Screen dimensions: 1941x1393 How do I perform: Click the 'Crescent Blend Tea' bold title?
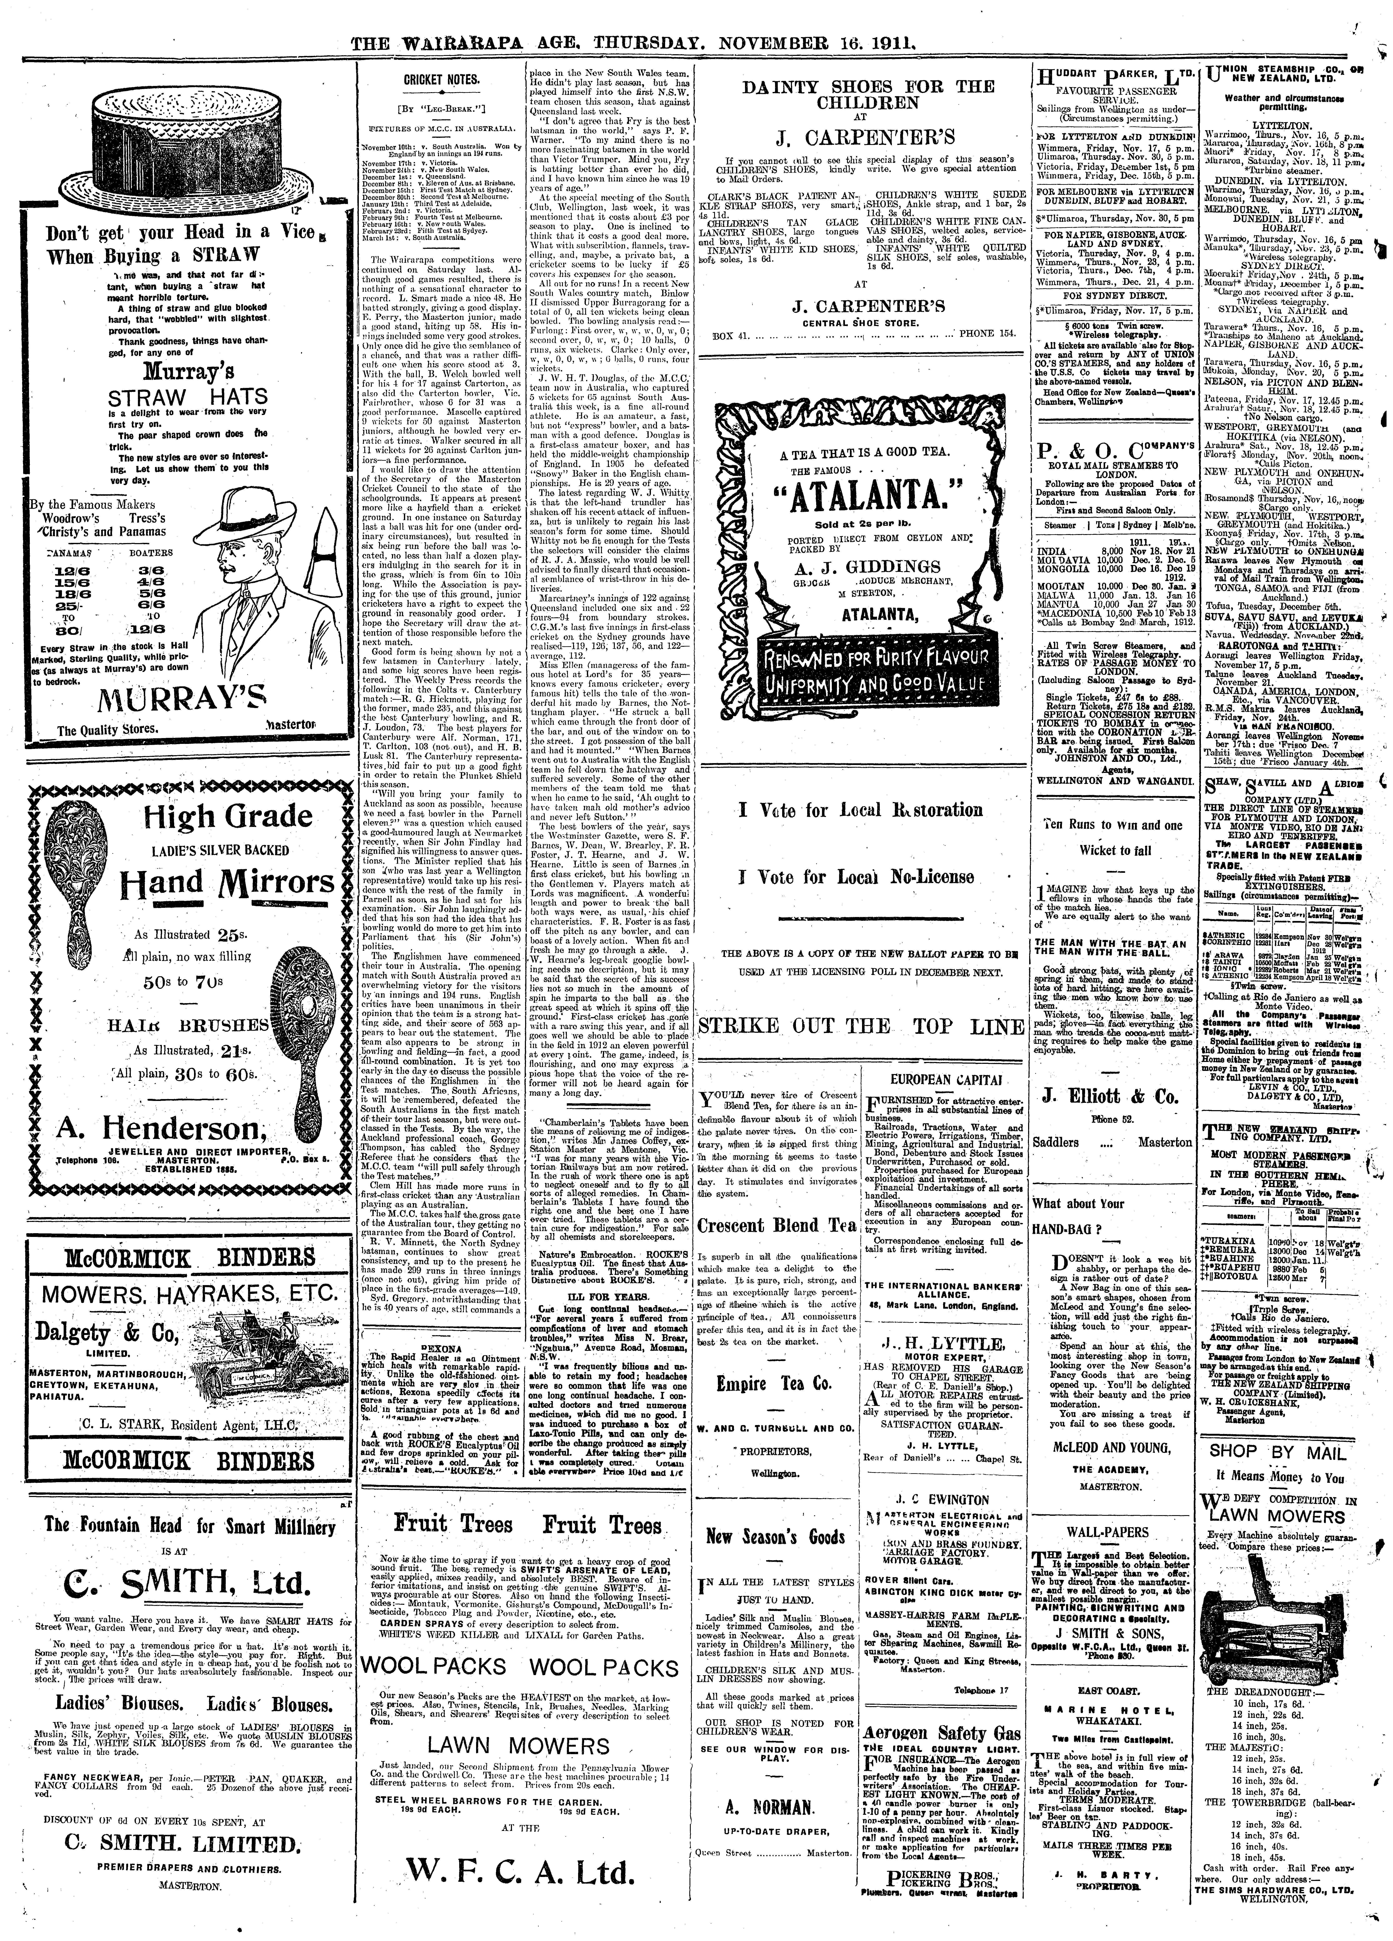point(776,1225)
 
